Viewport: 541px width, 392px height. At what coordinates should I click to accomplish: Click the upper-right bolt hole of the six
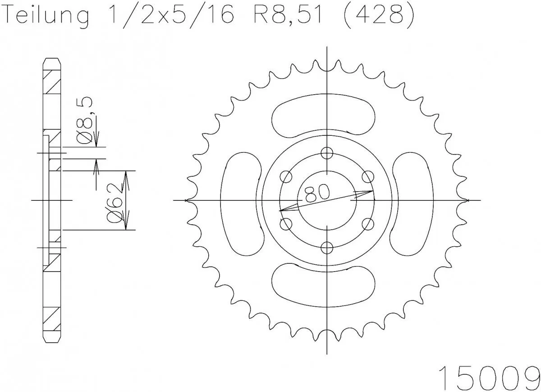[x=368, y=176]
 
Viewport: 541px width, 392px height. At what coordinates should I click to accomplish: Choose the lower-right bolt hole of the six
[x=368, y=223]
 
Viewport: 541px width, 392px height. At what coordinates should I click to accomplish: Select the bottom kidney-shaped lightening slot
[x=323, y=285]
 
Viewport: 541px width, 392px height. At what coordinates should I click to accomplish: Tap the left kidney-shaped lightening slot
[x=241, y=201]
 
